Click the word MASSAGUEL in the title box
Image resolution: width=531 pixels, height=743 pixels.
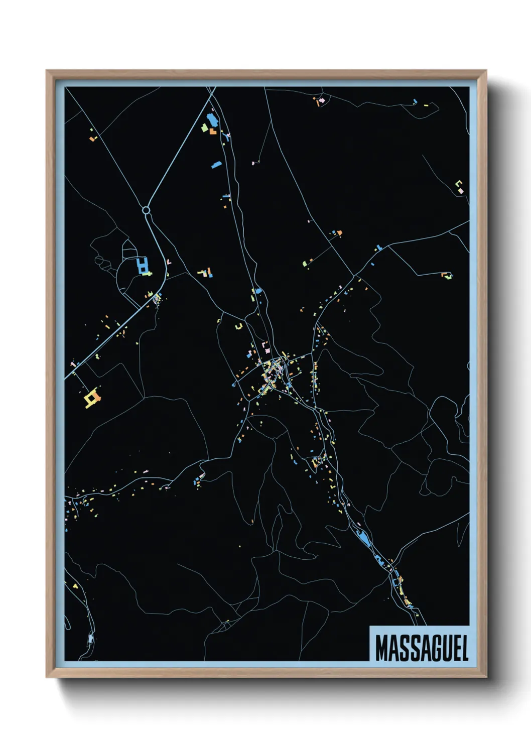point(422,648)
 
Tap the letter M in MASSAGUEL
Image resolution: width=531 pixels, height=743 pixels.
point(382,648)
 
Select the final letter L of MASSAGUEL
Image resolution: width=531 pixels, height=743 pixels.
point(464,648)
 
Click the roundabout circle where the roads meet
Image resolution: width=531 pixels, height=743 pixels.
point(146,210)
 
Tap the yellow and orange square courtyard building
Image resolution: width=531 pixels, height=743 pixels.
point(92,399)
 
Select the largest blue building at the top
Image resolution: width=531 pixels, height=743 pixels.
point(211,120)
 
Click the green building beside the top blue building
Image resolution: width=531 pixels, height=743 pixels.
point(205,128)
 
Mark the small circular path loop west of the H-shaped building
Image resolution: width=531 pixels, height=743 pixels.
point(99,261)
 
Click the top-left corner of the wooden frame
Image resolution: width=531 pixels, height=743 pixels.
point(47,71)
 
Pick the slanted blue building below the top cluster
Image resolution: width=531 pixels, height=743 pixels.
point(217,164)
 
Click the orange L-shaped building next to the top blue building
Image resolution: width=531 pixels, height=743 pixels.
point(213,132)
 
